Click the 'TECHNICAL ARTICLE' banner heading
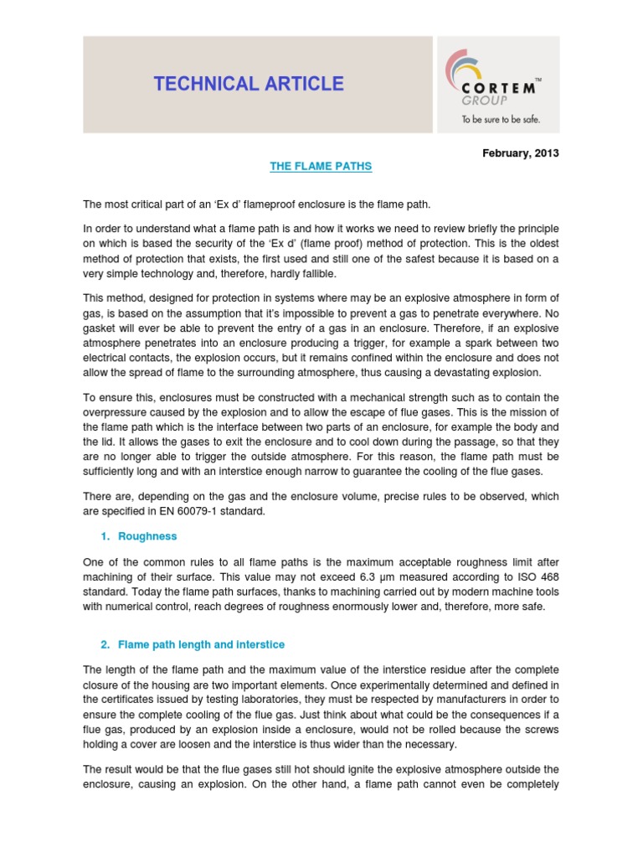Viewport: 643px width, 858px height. [x=249, y=84]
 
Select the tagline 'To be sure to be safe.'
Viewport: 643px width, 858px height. [x=501, y=120]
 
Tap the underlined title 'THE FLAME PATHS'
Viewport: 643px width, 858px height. [x=321, y=167]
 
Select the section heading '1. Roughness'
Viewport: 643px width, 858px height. [x=138, y=535]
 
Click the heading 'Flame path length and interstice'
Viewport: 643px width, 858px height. [x=201, y=644]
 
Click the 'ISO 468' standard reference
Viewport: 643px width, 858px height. [x=540, y=576]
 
